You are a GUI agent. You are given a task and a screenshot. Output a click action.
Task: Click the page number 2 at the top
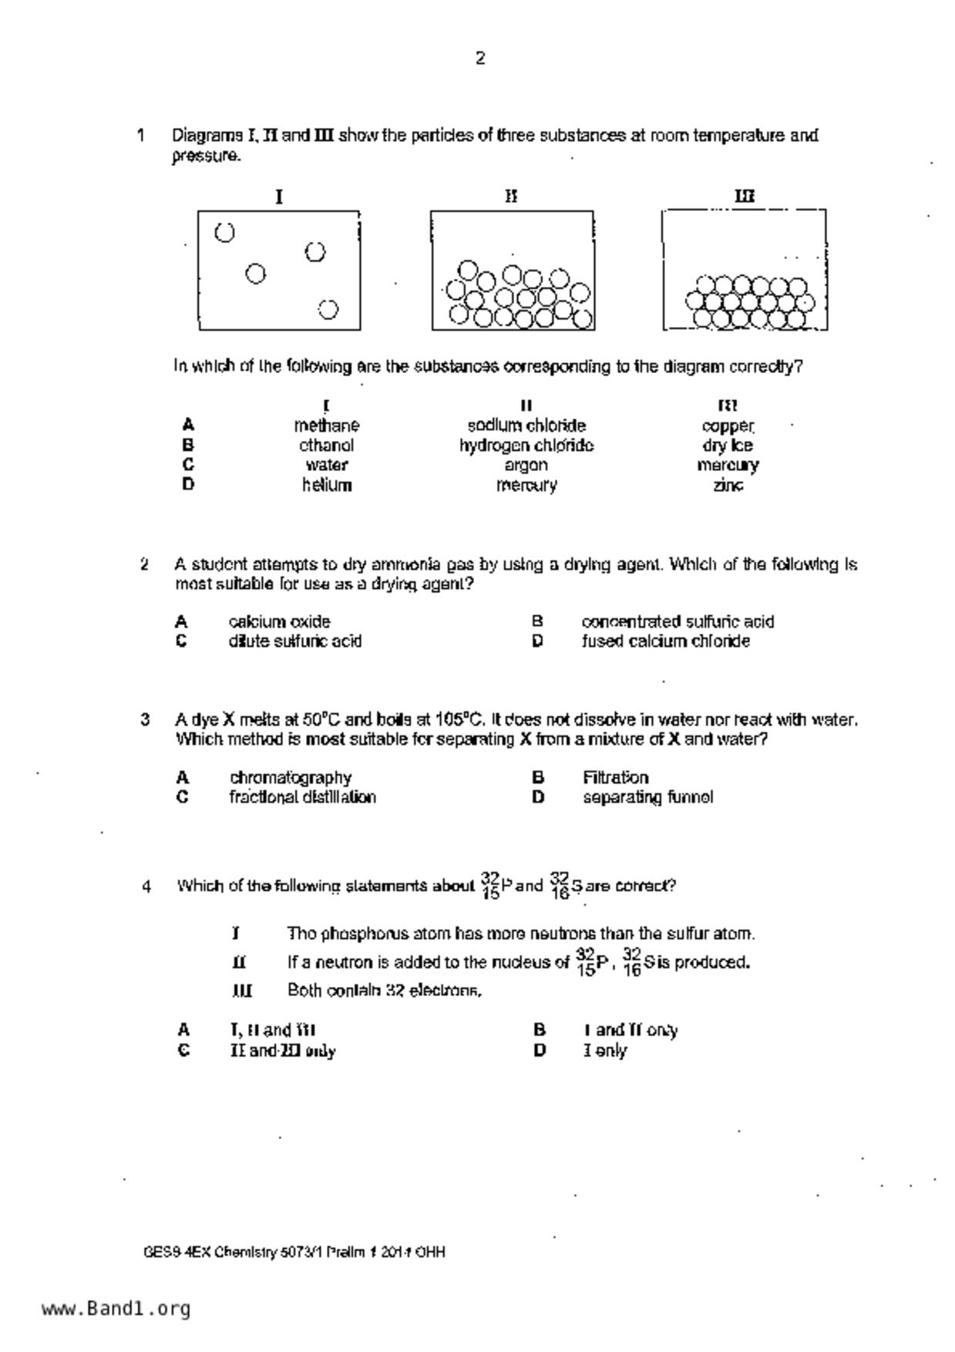(479, 59)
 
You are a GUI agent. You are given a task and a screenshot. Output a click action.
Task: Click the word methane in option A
(326, 425)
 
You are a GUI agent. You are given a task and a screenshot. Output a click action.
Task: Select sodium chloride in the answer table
(526, 425)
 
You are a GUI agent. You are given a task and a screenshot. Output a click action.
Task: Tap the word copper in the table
(728, 425)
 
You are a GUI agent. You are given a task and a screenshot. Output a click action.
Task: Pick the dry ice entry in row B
(727, 446)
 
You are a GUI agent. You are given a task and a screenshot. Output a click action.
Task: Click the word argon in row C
(526, 465)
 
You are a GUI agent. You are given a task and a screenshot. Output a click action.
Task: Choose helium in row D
(327, 485)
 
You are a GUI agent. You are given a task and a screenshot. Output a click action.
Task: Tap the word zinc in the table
(728, 485)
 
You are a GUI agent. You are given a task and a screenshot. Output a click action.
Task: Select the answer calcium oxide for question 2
(279, 621)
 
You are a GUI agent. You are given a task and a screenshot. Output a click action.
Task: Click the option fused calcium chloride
(665, 641)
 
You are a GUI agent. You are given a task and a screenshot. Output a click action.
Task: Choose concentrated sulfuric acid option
(678, 621)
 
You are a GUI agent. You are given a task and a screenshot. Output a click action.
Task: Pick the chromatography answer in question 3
(290, 777)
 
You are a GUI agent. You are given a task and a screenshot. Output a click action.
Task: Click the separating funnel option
(647, 797)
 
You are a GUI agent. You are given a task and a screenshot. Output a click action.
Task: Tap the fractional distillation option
(302, 797)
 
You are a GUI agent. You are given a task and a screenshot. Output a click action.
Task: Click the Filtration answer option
(615, 777)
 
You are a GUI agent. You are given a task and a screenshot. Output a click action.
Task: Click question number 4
(146, 886)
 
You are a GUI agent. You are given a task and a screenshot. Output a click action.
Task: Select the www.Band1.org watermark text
(116, 1309)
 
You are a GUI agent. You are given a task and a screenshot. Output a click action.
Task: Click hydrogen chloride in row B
(526, 446)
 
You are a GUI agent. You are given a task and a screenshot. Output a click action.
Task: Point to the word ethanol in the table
(326, 446)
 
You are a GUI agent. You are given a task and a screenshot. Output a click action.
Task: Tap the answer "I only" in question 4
(605, 1051)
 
